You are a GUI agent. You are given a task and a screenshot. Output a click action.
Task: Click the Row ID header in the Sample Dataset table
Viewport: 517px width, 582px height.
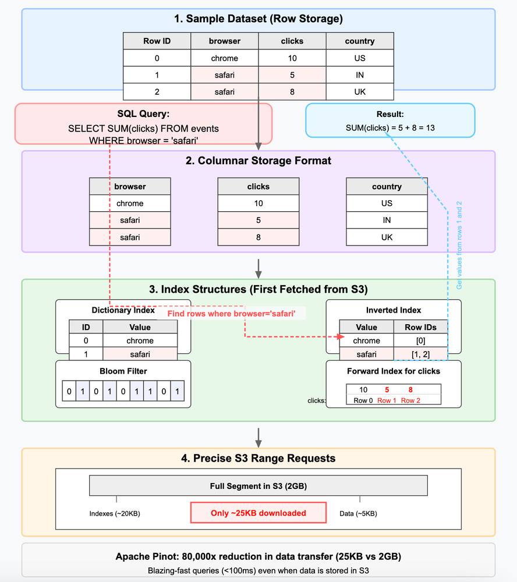[x=157, y=41]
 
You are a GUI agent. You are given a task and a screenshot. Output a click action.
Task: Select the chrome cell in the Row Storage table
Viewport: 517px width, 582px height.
[x=224, y=58]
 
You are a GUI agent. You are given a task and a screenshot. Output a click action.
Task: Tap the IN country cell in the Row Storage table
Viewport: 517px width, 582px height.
[x=359, y=75]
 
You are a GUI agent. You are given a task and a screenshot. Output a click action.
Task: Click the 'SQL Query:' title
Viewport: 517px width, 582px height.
[x=143, y=115]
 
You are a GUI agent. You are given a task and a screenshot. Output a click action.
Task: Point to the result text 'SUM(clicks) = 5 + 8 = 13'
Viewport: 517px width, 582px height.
[x=390, y=127]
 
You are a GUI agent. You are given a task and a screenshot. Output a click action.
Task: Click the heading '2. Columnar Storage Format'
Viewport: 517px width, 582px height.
[x=258, y=161]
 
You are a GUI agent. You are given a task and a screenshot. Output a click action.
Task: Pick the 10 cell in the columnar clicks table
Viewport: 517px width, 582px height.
[x=258, y=204]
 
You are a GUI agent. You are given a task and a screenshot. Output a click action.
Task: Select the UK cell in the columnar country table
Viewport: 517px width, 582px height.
[x=387, y=237]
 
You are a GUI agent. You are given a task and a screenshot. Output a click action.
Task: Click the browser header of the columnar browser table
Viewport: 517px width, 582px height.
[x=130, y=187]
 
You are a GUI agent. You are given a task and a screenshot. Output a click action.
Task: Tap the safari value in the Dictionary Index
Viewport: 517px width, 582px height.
[x=140, y=354]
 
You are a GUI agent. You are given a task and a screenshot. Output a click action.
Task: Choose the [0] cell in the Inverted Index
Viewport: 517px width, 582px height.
[x=420, y=341]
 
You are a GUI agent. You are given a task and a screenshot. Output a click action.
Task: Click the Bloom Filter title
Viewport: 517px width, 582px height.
[x=123, y=371]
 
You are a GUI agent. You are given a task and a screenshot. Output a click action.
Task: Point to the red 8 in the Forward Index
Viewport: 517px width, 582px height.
[x=410, y=390]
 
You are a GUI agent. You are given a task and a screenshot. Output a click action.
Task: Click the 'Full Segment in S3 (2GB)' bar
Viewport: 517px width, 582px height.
[x=258, y=486]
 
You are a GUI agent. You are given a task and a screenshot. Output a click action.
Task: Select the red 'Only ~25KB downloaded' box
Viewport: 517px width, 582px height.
[x=258, y=513]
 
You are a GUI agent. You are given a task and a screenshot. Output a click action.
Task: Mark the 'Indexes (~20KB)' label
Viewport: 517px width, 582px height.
[x=115, y=513]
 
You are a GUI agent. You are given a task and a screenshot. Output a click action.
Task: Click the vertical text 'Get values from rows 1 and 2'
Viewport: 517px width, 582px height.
[x=459, y=245]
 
